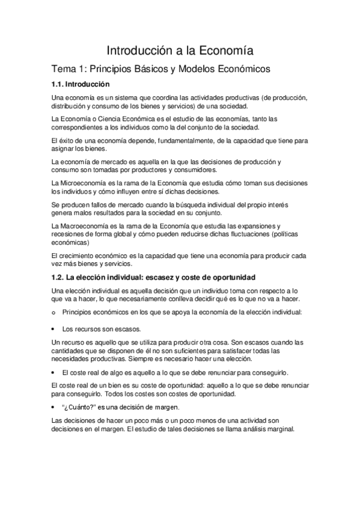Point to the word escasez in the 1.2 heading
170,277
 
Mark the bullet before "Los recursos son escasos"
53,330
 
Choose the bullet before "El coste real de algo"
53,372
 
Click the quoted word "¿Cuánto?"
78,407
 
